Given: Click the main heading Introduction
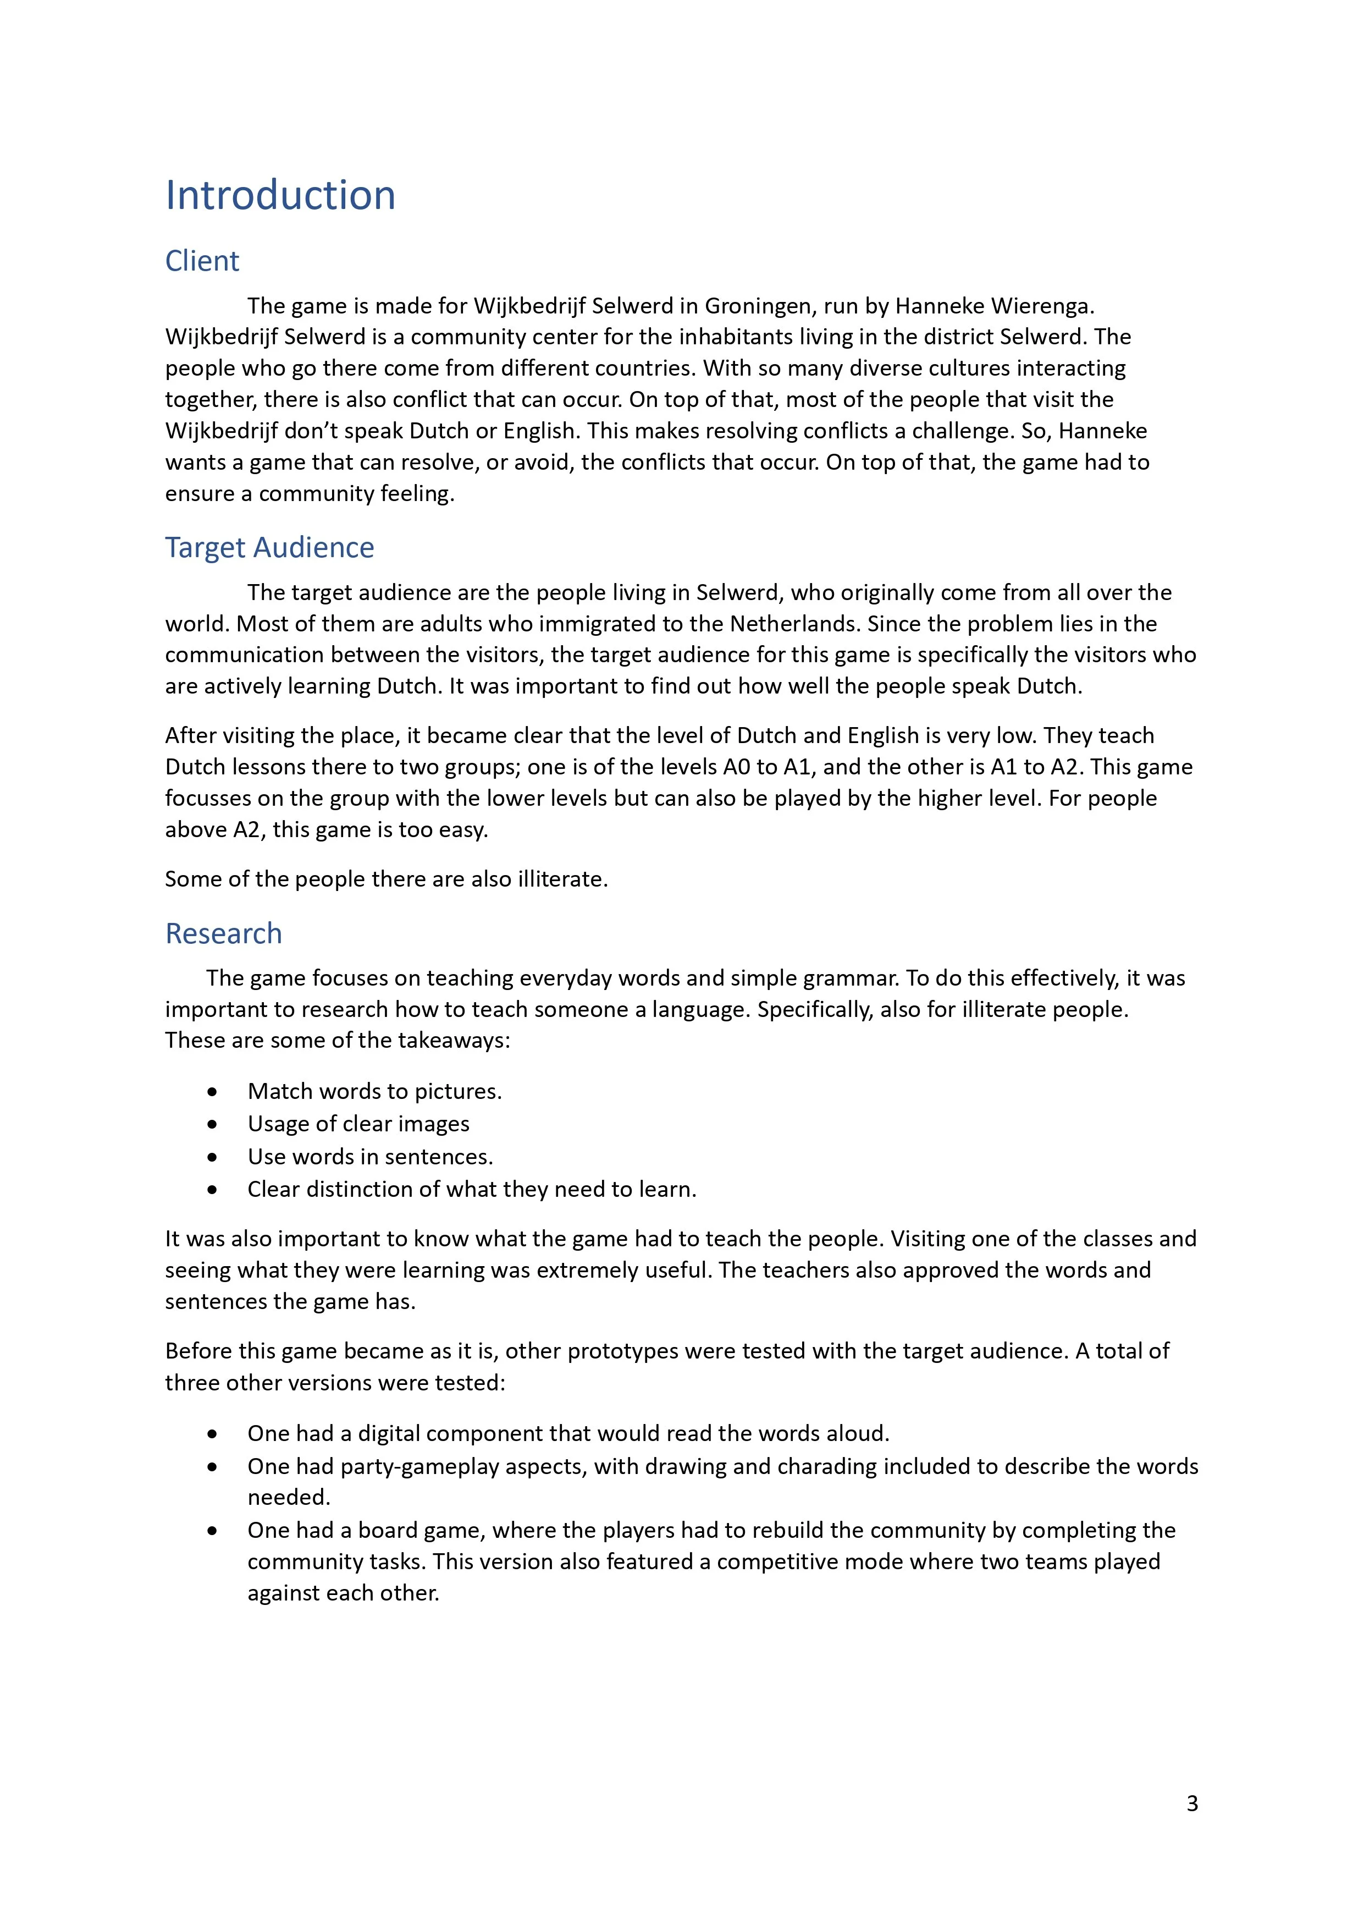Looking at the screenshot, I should click(x=280, y=195).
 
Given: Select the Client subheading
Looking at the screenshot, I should click(x=202, y=261).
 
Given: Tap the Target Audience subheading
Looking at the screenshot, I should click(x=269, y=547).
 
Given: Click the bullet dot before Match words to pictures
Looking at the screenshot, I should click(x=213, y=1092).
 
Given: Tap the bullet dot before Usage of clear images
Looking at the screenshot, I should click(x=213, y=1125).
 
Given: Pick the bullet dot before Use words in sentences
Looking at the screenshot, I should click(x=213, y=1157).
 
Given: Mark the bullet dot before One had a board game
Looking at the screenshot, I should click(x=213, y=1531).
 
